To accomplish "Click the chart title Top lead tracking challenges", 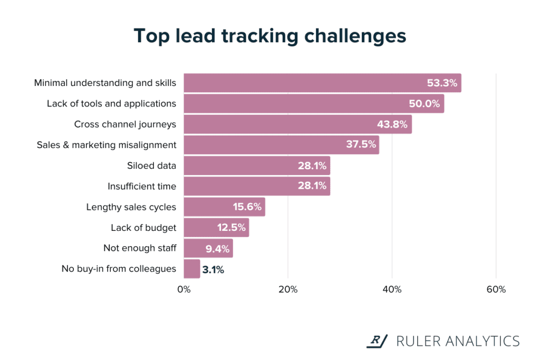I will [x=270, y=36].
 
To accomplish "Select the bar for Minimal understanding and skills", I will [x=322, y=83].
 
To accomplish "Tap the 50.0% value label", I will [x=424, y=104].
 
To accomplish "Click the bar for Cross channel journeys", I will [x=297, y=124].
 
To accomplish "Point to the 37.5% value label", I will [x=361, y=145].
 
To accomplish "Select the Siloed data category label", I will [x=151, y=166].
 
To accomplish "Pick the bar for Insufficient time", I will [x=257, y=186].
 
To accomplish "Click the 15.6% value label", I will [x=247, y=207].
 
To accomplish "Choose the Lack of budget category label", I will [x=143, y=228].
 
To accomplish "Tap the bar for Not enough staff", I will [x=208, y=248].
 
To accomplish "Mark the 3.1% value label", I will [x=213, y=269].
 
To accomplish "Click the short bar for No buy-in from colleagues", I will [x=192, y=269].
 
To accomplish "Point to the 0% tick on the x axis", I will [x=184, y=289].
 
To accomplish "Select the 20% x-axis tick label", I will [x=288, y=289].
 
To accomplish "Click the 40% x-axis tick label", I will [x=392, y=289].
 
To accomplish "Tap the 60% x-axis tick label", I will [x=496, y=289].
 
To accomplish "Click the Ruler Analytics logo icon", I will [x=377, y=341].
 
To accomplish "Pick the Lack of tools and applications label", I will [x=111, y=104].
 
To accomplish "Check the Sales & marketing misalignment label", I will [x=107, y=145].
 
